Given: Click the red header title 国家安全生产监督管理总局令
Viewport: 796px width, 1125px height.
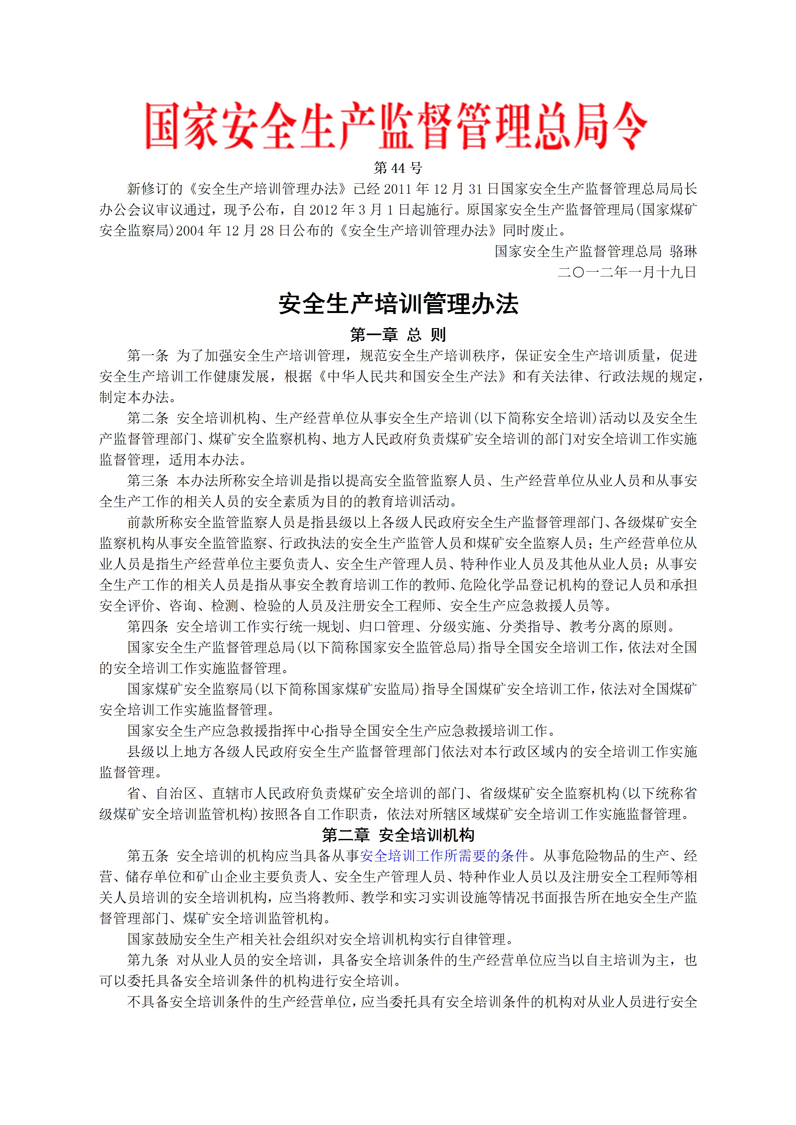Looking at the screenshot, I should pyautogui.click(x=396, y=126).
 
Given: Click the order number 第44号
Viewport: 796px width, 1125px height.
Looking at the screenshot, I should pyautogui.click(x=398, y=168).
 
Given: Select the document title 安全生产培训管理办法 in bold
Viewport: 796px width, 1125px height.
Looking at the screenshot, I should pyautogui.click(x=398, y=304).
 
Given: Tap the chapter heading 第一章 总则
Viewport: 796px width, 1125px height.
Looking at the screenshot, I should pyautogui.click(x=398, y=335).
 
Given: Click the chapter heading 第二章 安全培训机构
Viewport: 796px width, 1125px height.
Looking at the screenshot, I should pyautogui.click(x=398, y=835).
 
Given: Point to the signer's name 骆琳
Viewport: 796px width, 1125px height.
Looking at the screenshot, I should pyautogui.click(x=683, y=251).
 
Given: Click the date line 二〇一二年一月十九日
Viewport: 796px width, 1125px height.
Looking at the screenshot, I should pyautogui.click(x=627, y=272).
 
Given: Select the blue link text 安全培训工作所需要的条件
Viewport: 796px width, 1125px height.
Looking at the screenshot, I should pyautogui.click(x=444, y=856).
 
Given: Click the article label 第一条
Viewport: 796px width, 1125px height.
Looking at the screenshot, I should pyautogui.click(x=148, y=356).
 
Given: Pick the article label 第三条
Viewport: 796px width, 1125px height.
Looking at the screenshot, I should pyautogui.click(x=148, y=481).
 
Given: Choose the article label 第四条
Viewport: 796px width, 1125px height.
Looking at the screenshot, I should pyautogui.click(x=148, y=627).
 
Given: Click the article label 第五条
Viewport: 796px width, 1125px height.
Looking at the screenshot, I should pyautogui.click(x=148, y=856).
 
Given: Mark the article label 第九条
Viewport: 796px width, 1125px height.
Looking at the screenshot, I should pyautogui.click(x=148, y=960).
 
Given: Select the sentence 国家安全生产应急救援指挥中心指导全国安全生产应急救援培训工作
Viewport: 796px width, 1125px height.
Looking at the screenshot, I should pyautogui.click(x=342, y=731).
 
